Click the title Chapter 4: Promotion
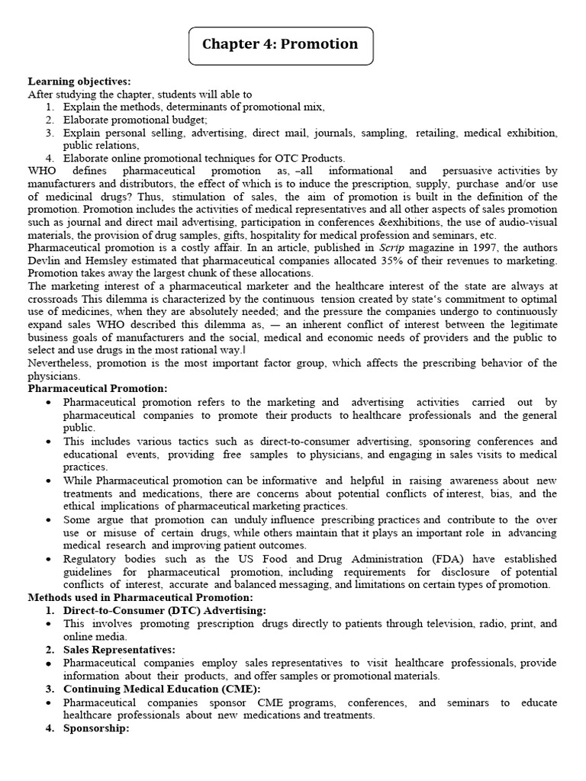tap(279, 44)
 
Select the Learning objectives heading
tap(79, 82)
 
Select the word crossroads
tap(54, 299)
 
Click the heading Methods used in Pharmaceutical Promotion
tap(140, 597)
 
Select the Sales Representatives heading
tap(119, 649)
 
